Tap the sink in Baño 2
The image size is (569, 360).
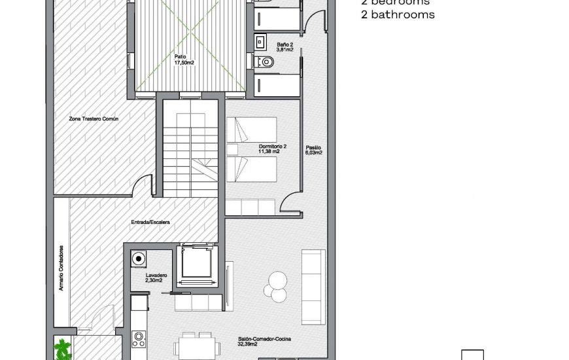[260, 43]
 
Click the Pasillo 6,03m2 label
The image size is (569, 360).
[313, 151]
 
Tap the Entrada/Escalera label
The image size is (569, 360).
[150, 223]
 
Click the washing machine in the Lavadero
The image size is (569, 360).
[139, 259]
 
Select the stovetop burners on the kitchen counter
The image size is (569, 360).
[139, 338]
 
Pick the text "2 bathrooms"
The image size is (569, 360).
[397, 14]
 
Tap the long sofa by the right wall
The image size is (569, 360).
[313, 286]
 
